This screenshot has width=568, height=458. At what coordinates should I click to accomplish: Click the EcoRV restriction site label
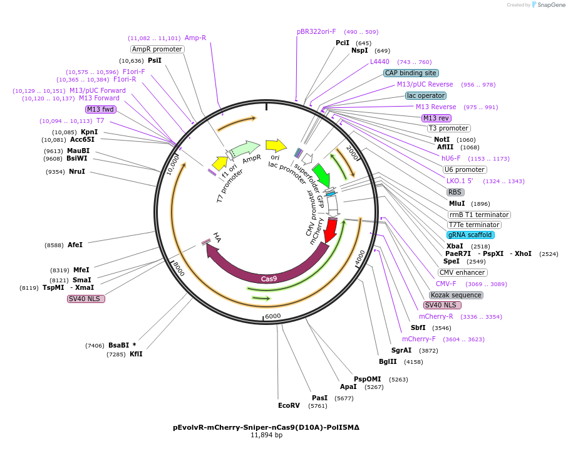point(289,405)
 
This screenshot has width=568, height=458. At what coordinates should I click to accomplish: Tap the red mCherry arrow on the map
point(330,232)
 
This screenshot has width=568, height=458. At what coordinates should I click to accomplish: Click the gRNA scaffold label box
point(470,235)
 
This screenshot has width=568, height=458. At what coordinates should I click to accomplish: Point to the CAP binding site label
point(411,73)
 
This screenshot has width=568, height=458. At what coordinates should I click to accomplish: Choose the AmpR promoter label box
point(157,49)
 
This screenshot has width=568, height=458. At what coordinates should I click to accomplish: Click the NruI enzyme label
point(76,171)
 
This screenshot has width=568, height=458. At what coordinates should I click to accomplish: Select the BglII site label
point(388,361)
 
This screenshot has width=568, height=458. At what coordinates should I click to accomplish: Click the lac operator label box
point(426,95)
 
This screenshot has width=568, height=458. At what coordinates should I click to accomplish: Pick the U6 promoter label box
point(464,169)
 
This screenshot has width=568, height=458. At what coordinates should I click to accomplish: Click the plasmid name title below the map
point(266,427)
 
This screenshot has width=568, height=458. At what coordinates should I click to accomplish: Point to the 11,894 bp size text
point(266,435)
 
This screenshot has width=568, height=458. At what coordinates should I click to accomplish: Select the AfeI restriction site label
point(75,245)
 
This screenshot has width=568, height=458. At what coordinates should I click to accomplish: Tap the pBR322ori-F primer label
point(316,31)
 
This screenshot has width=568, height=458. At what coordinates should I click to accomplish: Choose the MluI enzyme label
point(457,203)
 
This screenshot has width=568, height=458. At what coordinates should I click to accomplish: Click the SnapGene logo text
point(548,5)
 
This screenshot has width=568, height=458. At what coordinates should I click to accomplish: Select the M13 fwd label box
point(100,109)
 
